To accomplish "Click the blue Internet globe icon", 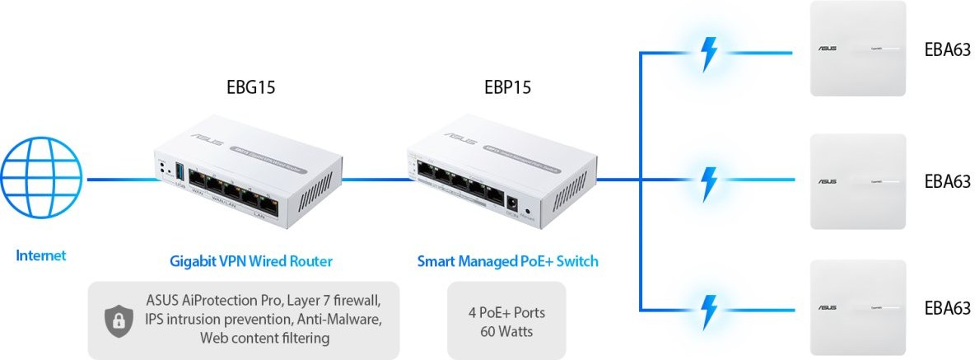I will pos(41,180).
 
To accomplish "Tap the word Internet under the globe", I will pos(41,256).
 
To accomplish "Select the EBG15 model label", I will pos(250,88).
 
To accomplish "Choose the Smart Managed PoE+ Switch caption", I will pos(507,262).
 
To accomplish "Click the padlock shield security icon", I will pos(118,321).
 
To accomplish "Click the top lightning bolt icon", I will pos(707,52).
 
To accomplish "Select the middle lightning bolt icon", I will pos(707,180).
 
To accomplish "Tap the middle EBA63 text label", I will pos(945,180).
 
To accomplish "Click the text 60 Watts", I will pos(506,332).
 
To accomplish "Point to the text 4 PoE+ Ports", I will pos(506,314).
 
